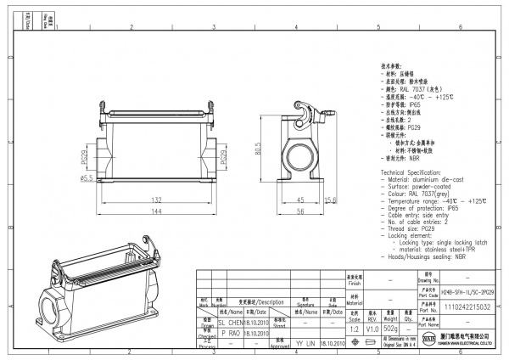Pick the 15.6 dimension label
click(332, 200)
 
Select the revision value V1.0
click(372, 329)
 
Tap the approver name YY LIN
click(305, 346)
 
